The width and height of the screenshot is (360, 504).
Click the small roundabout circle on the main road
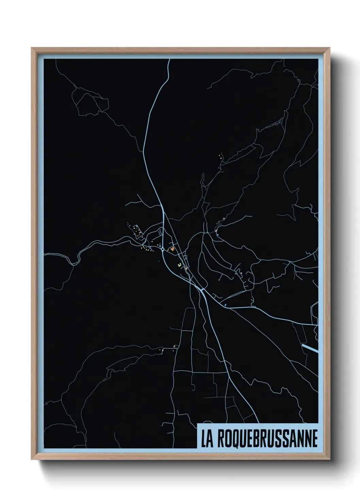tap(163, 250)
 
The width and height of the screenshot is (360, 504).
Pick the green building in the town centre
tap(180, 265)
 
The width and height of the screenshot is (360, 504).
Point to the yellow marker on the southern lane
tap(175, 346)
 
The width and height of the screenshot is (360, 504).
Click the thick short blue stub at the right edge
tap(310, 348)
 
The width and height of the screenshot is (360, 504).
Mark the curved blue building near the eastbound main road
tap(225, 304)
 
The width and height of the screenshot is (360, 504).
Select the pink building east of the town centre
tap(216, 231)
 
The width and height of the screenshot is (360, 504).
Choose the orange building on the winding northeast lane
tap(224, 219)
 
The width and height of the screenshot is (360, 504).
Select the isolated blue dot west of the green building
tap(159, 261)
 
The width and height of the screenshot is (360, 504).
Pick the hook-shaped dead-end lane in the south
tap(193, 388)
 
